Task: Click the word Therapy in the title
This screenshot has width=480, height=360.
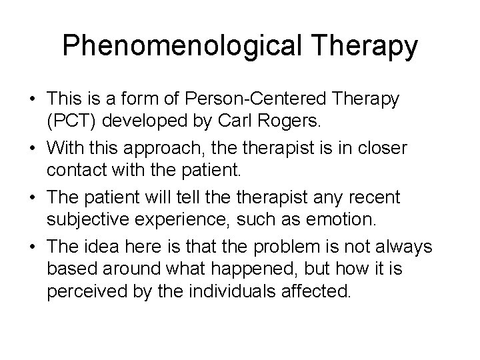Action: coord(370,47)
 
